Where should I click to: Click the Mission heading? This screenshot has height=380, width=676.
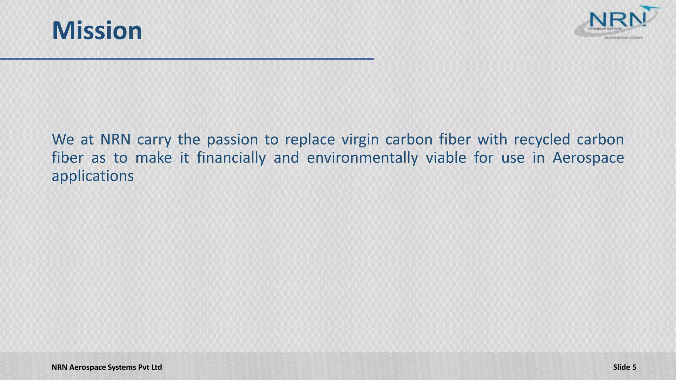point(97,31)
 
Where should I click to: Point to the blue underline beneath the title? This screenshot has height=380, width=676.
point(186,59)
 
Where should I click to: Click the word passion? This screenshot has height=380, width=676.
point(232,140)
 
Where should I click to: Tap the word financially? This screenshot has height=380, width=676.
point(231,158)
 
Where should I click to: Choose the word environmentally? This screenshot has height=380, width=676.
point(362,158)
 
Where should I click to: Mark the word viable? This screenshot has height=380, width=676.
point(446,158)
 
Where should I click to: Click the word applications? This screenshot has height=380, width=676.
point(93,176)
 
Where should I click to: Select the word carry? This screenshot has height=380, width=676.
point(154,140)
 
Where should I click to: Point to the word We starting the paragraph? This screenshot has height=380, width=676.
point(63,140)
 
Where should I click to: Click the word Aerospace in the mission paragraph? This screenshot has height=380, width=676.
point(588,158)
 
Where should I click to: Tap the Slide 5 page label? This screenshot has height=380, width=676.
point(625,367)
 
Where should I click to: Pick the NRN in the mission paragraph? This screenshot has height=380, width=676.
point(115,140)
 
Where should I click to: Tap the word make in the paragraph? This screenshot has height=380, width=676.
point(153,158)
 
